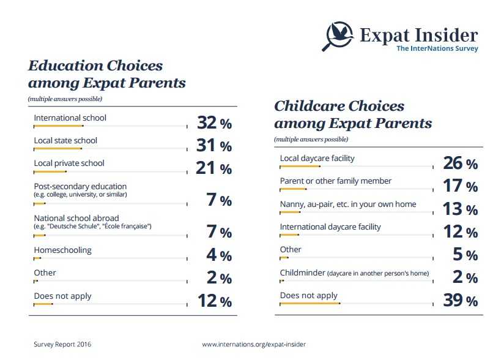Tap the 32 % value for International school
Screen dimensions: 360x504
(x=214, y=122)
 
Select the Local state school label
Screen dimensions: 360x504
(x=65, y=141)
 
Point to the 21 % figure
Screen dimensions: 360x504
(x=213, y=168)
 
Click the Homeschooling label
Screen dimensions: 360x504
(x=62, y=250)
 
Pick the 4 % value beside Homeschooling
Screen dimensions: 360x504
(x=218, y=255)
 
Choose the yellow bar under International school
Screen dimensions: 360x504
(x=59, y=126)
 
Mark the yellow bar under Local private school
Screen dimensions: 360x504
(x=50, y=172)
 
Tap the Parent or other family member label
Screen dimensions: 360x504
(x=336, y=181)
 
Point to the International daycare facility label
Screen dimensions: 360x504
(x=330, y=227)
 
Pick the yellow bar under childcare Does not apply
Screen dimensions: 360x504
(x=310, y=303)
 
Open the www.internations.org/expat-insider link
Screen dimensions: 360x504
(x=254, y=345)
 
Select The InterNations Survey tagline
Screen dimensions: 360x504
(x=437, y=48)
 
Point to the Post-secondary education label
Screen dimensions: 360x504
(x=80, y=186)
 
